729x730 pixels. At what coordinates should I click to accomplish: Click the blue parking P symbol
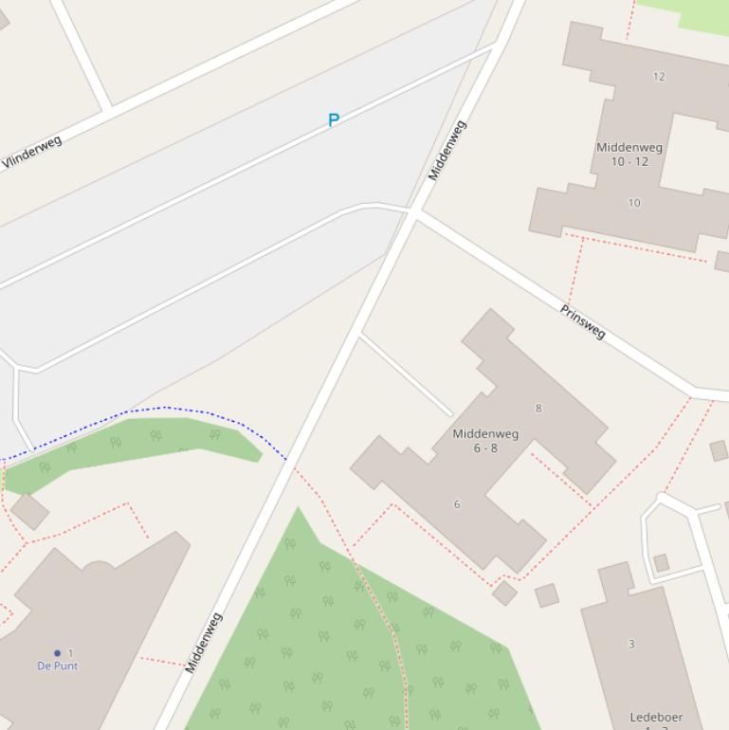coord(334,120)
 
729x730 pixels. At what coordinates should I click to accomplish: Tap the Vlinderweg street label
coord(31,153)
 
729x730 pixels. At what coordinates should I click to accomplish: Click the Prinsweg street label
coord(582,322)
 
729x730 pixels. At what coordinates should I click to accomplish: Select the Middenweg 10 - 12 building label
coord(629,155)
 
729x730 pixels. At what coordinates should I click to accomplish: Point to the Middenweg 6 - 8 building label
coord(485,441)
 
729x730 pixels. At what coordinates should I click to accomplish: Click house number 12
coord(659,77)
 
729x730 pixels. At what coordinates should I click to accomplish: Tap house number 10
coord(634,203)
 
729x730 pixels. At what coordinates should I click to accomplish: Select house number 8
coord(538,409)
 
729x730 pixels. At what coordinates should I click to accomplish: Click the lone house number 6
coord(457,504)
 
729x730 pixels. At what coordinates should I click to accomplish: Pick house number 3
coord(631,645)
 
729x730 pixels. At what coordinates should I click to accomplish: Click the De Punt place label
coord(58,666)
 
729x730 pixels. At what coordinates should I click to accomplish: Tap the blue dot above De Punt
coord(57,653)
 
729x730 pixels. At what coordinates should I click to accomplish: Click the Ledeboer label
coord(656,718)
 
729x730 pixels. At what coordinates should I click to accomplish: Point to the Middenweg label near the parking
coord(447,151)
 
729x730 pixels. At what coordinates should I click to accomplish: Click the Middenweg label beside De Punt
coord(204,643)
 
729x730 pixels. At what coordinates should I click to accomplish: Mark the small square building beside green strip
coord(30,511)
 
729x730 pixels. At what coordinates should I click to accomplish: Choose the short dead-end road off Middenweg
coord(406,374)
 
